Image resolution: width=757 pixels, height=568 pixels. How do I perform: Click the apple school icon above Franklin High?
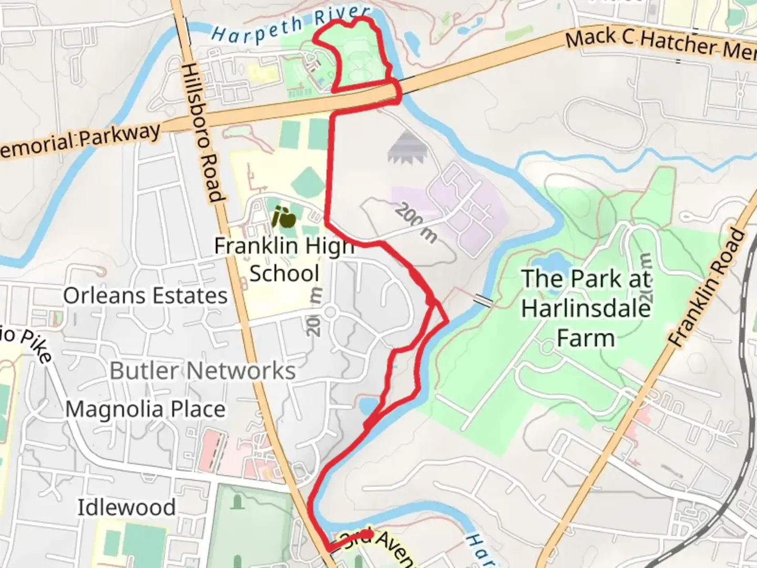[x=282, y=217]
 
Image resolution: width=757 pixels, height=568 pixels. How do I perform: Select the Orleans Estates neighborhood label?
[x=145, y=296]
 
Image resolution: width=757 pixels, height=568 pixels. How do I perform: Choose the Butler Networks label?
[x=202, y=371]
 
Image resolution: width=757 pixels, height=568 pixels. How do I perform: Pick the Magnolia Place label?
[x=146, y=409]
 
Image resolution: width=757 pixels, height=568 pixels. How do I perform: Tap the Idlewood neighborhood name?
[x=127, y=508]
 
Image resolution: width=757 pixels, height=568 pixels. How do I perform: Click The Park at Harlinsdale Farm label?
[x=586, y=308]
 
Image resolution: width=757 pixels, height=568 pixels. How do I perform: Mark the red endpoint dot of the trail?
[x=367, y=534]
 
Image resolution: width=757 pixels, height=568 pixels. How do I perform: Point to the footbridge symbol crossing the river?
[x=483, y=300]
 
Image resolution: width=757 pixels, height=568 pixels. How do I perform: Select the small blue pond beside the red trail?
[x=368, y=405]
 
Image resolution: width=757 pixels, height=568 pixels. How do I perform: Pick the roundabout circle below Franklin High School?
[x=330, y=312]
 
